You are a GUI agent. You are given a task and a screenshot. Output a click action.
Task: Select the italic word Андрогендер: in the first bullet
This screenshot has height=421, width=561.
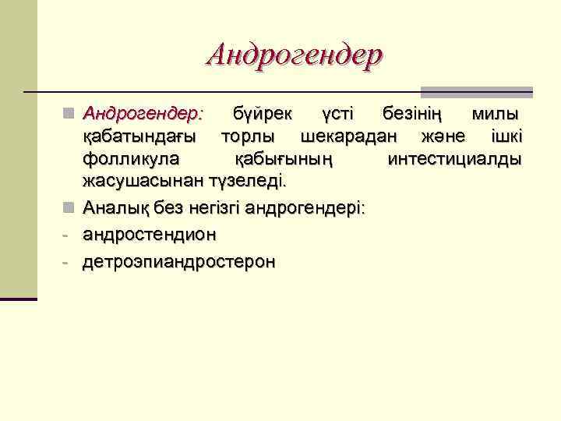coord(143,115)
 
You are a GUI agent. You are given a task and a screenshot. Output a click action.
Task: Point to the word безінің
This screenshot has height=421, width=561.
coord(412,115)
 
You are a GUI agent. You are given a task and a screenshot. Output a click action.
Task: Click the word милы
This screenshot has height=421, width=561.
coord(496,115)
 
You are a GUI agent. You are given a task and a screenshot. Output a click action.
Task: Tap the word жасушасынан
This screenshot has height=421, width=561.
coord(143,182)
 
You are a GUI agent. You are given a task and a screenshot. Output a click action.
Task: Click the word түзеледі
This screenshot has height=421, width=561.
coord(249,182)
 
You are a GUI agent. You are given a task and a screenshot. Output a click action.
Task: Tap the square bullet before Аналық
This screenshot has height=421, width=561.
coord(69,208)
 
